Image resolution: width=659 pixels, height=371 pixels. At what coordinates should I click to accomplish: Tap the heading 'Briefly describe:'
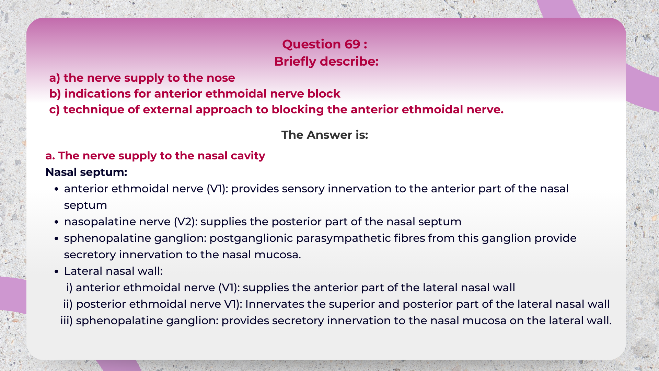[x=326, y=61]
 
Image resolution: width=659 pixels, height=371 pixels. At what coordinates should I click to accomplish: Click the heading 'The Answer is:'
[x=324, y=135]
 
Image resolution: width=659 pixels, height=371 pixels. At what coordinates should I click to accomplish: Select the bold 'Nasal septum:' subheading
[x=86, y=172]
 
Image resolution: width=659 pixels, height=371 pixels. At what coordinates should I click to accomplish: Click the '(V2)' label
[x=185, y=222]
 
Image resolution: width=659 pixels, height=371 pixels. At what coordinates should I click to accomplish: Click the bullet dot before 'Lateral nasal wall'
[x=57, y=271]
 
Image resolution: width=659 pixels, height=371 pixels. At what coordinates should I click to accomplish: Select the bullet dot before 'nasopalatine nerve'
[x=57, y=222]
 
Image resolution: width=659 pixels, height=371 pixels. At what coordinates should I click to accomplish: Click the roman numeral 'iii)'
[x=66, y=321]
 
